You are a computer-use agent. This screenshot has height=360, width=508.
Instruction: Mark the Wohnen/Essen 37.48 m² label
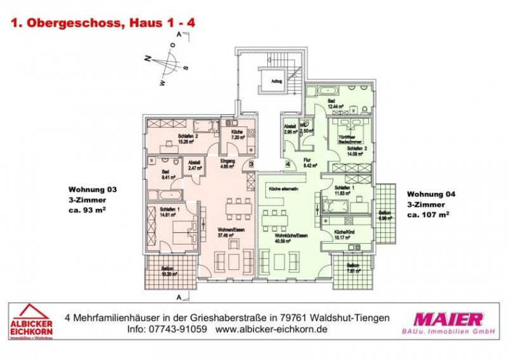click(227, 232)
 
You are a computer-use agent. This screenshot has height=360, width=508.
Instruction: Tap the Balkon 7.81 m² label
click(352, 268)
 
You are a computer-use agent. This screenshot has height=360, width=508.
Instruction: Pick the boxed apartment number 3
click(251, 164)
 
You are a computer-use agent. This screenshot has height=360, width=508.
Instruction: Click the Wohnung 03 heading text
click(93, 190)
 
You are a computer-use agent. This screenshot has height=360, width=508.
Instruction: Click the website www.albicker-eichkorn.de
click(271, 330)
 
